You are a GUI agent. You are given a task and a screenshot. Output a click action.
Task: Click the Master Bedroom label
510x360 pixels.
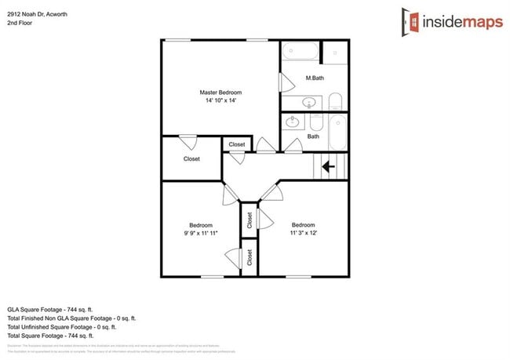220,93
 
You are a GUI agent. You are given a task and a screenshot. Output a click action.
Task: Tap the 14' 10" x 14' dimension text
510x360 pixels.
220,100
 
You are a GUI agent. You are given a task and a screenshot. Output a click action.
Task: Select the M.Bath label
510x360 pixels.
314,78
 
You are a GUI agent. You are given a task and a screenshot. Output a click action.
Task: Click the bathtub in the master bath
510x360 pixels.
300,53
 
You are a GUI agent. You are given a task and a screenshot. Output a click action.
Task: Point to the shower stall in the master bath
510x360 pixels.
335,53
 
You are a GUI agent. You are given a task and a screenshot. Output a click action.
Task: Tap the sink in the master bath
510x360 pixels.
308,102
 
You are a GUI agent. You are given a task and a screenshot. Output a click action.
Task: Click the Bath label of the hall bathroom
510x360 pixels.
313,136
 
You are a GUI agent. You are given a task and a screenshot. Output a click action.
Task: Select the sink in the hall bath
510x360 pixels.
293,122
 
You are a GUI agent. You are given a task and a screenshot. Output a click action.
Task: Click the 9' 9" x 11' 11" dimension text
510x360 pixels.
200,233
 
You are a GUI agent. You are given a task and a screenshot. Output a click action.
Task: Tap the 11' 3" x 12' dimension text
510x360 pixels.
303,233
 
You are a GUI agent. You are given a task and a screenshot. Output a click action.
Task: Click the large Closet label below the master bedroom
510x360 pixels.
191,158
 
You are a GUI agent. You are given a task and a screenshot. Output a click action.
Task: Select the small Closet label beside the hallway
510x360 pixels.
237,144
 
